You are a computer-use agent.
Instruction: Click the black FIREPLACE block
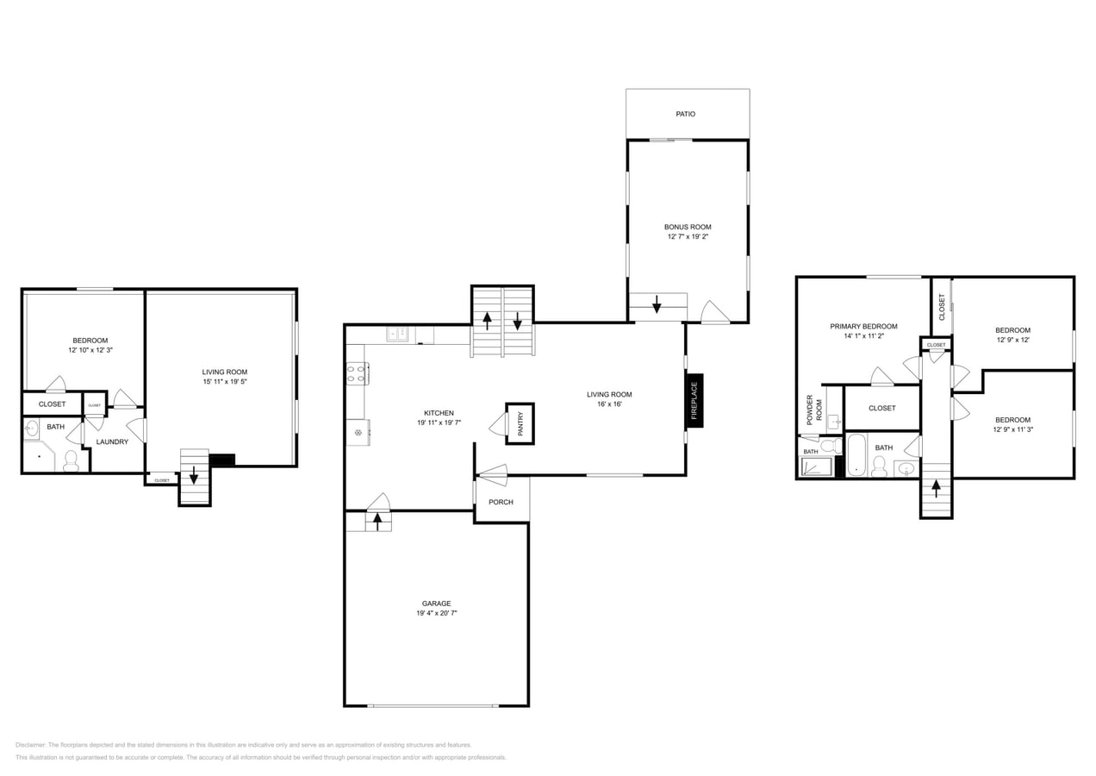click(694, 400)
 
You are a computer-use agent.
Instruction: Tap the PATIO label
click(686, 114)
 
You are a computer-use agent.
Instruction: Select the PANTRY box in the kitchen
click(520, 423)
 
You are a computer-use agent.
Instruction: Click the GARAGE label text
click(436, 604)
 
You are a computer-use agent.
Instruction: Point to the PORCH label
click(501, 502)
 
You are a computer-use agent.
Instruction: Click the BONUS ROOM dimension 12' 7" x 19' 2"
click(688, 236)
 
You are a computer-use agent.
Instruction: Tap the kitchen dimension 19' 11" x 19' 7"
click(439, 422)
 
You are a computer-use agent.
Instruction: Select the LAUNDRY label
click(112, 442)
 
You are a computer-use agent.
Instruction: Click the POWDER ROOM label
click(814, 408)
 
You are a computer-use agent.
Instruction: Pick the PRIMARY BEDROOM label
click(863, 327)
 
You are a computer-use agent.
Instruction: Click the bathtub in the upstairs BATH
click(856, 455)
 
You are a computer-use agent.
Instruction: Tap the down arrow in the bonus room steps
click(657, 304)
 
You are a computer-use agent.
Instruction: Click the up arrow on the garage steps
click(377, 521)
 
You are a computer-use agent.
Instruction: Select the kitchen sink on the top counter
click(397, 334)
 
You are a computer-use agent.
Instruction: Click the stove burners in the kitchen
click(357, 373)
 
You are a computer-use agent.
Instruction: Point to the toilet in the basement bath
click(72, 460)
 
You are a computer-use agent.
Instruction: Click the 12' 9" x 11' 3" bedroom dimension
click(1012, 429)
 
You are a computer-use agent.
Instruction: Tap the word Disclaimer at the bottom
click(31, 745)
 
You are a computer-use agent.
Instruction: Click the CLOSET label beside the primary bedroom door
click(881, 408)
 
